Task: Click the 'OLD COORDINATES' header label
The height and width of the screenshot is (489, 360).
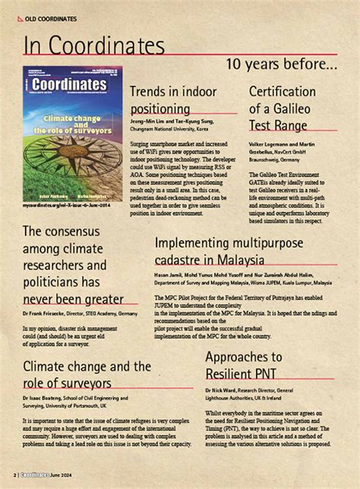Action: tap(52, 17)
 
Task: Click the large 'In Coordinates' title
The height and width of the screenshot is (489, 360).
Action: tap(94, 45)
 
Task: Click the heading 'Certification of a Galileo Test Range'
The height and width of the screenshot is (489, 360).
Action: tap(283, 108)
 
